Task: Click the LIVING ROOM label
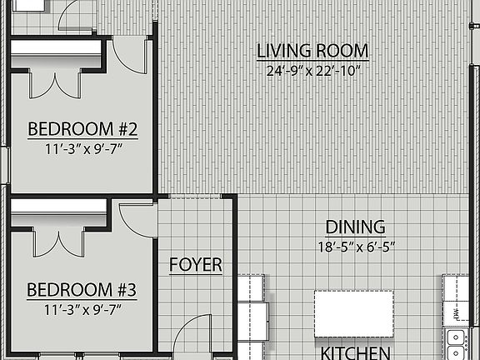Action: (312, 52)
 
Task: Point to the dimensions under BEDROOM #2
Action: (82, 150)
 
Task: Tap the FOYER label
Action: (196, 265)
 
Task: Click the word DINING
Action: (355, 227)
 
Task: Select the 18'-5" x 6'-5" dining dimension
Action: (355, 247)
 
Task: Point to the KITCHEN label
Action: (356, 352)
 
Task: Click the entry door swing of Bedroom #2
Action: (129, 57)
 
